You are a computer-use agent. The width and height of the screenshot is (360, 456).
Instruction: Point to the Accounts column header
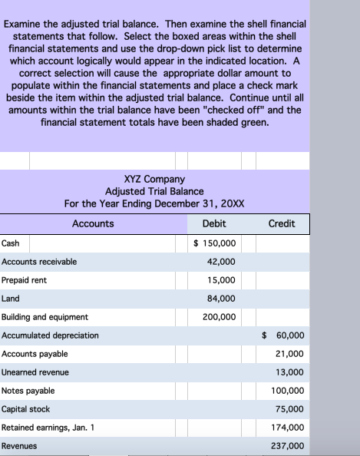pyautogui.click(x=93, y=223)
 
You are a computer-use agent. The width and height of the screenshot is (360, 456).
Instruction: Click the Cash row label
pyautogui.click(x=11, y=243)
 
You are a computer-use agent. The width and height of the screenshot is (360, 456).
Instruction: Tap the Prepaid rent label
pyautogui.click(x=24, y=280)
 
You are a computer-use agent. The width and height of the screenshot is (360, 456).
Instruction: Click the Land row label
pyautogui.click(x=11, y=299)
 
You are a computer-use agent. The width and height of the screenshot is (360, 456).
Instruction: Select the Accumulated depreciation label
pyautogui.click(x=50, y=335)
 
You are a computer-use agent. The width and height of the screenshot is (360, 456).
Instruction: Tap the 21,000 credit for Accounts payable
pyautogui.click(x=289, y=354)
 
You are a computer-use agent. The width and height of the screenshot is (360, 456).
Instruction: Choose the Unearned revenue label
pyautogui.click(x=35, y=372)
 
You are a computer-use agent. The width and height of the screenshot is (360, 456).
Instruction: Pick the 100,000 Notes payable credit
pyautogui.click(x=287, y=391)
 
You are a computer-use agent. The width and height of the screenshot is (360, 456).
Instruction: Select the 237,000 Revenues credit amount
pyautogui.click(x=287, y=446)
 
